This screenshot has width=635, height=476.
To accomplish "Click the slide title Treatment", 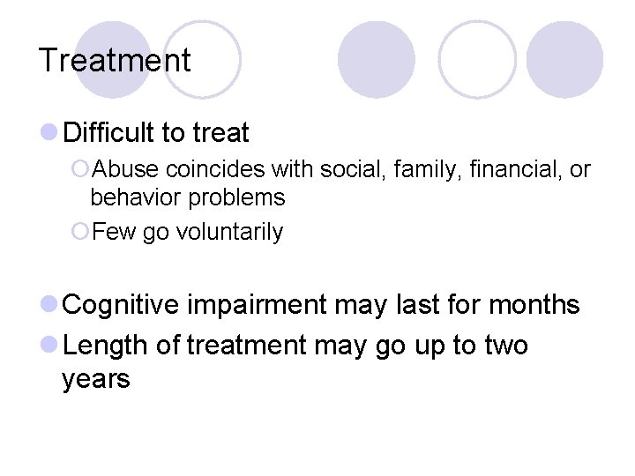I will [115, 61].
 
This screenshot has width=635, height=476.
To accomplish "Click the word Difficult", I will [109, 133].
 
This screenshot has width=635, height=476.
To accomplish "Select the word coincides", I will [216, 169].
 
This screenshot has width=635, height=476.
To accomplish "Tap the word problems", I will [236, 197].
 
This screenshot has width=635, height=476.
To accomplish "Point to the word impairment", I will [257, 305].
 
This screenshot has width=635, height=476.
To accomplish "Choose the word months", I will [534, 305].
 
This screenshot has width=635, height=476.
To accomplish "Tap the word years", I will [96, 380].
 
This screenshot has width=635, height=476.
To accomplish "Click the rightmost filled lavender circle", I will [564, 59].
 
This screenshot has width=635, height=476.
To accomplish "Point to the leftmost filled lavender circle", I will [113, 59].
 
